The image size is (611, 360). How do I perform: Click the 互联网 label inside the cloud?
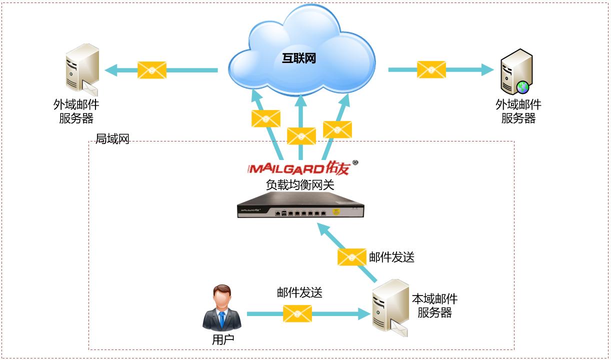click(299, 58)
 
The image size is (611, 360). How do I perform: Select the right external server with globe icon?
click(516, 71)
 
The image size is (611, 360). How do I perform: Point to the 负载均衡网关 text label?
click(300, 184)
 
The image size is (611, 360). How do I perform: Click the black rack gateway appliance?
click(299, 207)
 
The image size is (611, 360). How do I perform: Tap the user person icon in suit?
click(222, 308)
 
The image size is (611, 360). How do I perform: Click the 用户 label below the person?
click(223, 340)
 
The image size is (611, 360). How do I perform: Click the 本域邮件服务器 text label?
click(434, 306)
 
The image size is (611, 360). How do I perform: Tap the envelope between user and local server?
click(297, 313)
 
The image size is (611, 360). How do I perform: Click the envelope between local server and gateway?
click(352, 257)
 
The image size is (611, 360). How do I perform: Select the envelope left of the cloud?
click(152, 70)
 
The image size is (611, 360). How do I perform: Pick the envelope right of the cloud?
click(431, 69)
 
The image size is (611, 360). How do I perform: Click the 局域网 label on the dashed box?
click(112, 139)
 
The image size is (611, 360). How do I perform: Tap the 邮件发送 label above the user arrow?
click(299, 293)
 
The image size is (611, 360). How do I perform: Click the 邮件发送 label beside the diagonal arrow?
click(391, 257)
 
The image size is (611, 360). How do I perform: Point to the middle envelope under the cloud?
click(301, 136)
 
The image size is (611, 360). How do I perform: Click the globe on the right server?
click(523, 87)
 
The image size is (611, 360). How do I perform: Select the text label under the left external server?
click(76, 111)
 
